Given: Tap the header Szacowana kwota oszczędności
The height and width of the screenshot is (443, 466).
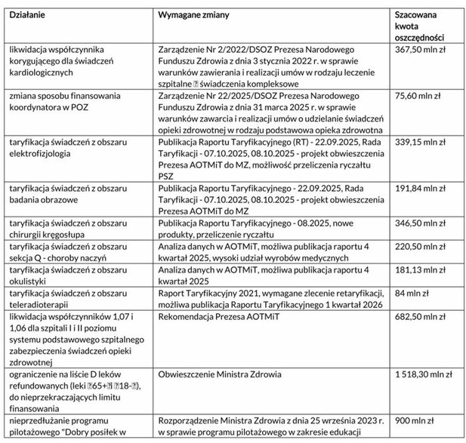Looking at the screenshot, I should click(419, 26).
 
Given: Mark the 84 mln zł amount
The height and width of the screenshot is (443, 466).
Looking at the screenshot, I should click(411, 293).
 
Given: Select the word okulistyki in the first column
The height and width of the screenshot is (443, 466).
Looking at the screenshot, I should click(29, 281).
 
